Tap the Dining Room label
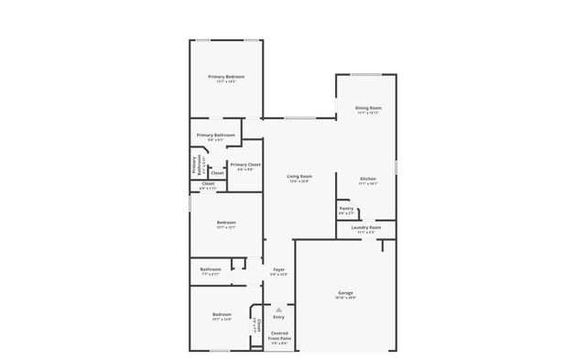(x=368, y=107)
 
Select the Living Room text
(x=298, y=176)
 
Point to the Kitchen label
(x=368, y=178)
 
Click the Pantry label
(x=346, y=208)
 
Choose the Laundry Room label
(x=365, y=227)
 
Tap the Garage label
(x=345, y=292)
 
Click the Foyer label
(x=278, y=269)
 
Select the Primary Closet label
(x=245, y=164)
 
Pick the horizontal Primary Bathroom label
(x=216, y=135)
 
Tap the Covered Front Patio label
(x=278, y=335)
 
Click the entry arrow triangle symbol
(x=278, y=309)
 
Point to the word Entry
(x=278, y=317)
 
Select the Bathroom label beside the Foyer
(x=211, y=269)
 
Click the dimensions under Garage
(x=345, y=298)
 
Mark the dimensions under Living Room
(x=298, y=181)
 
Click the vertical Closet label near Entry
(x=259, y=325)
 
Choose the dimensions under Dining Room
(x=368, y=113)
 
